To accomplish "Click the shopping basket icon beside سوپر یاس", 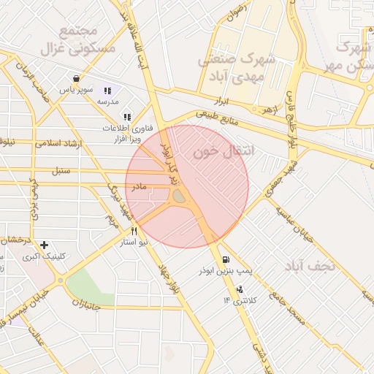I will click(77, 78).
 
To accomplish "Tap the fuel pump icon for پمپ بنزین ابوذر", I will click(224, 259).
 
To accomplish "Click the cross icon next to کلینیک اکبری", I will click(45, 245).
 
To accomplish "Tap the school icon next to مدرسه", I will click(107, 91).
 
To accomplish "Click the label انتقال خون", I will click(225, 151).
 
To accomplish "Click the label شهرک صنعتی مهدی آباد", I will click(236, 66).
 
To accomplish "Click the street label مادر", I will click(139, 187).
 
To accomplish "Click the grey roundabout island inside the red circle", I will click(179, 196).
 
